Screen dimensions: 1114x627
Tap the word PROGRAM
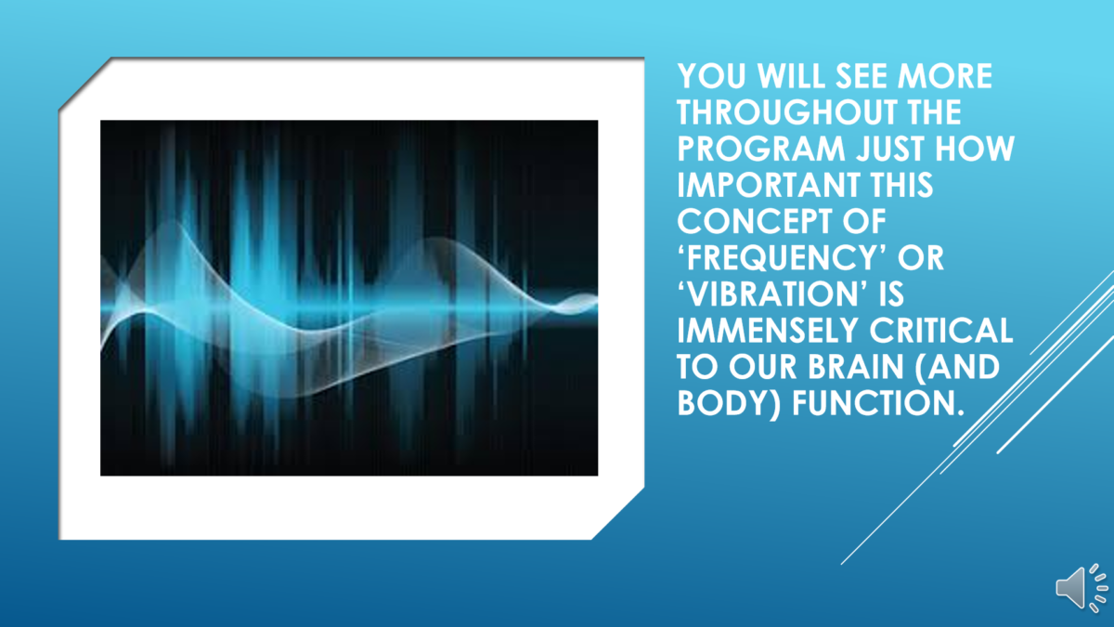point(761,149)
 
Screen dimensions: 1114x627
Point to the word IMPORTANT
point(769,185)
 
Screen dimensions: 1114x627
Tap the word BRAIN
point(855,367)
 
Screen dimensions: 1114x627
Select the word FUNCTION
point(878,403)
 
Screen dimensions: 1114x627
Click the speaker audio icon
point(1082,588)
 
